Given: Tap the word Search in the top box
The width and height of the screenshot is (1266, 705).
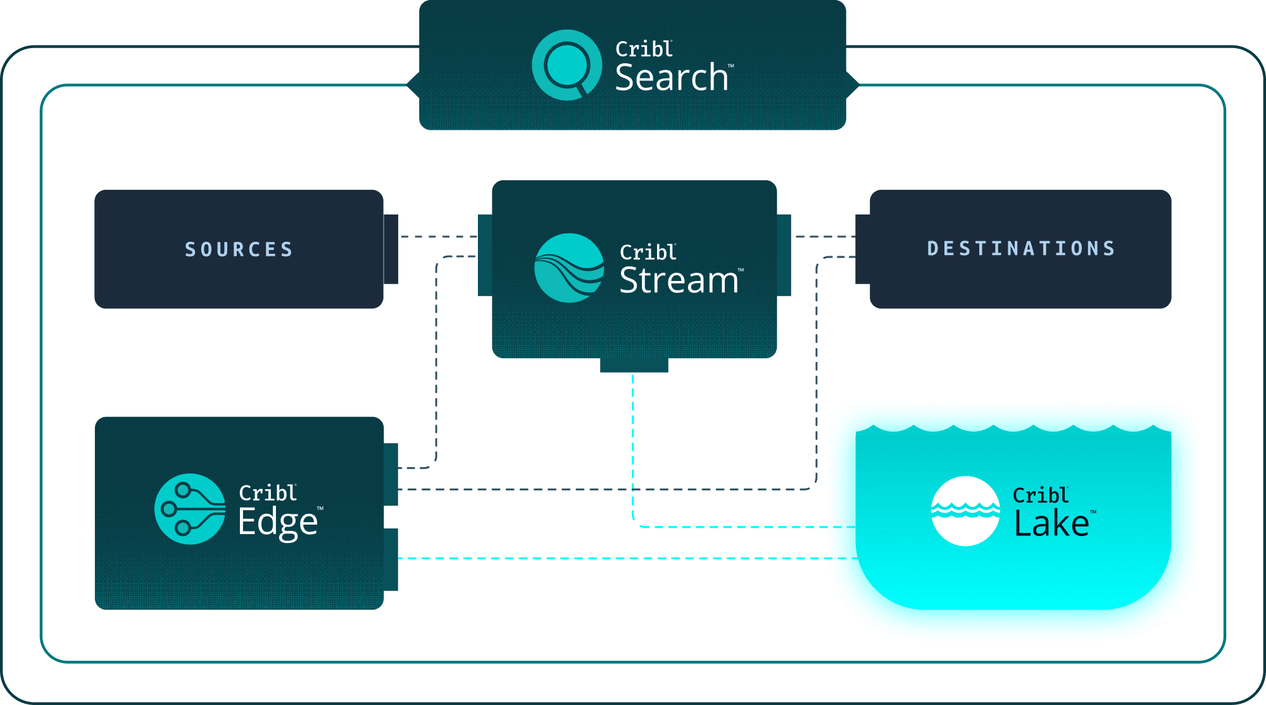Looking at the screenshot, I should coord(672,78).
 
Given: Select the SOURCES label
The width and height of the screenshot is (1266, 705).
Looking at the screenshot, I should coord(239,249).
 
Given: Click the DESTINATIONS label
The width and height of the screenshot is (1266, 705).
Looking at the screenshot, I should coord(1021,248).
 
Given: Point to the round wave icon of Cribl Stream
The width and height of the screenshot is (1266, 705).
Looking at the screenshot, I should coord(569,268).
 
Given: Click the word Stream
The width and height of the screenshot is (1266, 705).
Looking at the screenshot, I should coord(679,280).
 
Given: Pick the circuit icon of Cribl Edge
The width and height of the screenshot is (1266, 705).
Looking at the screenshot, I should coord(190,509).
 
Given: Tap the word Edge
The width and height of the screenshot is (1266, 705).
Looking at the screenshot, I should coord(278,522).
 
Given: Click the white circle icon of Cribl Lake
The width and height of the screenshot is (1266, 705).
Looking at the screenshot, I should coord(965,511).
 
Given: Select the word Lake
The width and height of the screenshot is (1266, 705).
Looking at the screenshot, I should coord(1051,524).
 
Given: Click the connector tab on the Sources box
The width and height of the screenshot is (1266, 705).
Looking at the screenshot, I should coord(391,249).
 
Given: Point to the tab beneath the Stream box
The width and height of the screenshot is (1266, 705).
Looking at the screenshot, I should coord(634,366).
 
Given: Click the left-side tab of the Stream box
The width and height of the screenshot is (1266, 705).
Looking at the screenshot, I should coord(485,255).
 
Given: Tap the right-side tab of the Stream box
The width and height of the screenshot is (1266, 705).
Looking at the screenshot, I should coord(784,255).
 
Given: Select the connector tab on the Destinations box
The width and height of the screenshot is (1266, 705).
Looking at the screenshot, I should coord(862,249).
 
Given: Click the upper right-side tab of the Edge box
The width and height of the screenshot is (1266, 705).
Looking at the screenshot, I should coord(391,475).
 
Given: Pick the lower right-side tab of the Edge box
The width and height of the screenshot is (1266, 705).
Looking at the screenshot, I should coord(391,560).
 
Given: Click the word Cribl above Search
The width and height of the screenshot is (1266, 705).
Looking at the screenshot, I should coord(643,49).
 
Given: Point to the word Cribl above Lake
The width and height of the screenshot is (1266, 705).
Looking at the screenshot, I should coord(1040,495).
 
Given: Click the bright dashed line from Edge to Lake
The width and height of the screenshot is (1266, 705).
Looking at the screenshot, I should coord(608,558).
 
